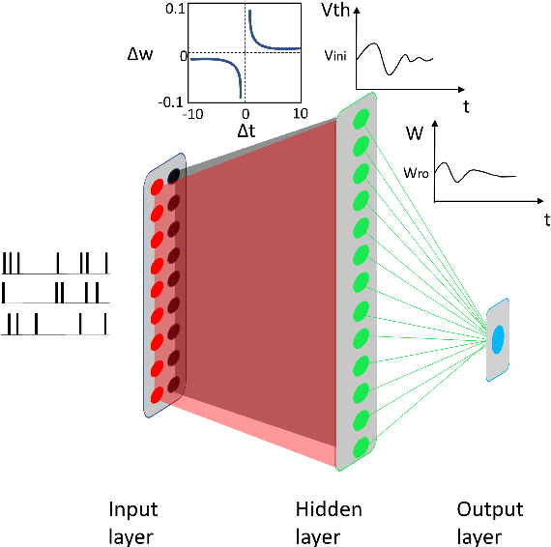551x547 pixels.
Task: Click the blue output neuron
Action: (499, 339)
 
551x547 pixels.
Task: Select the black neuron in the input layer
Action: (175, 176)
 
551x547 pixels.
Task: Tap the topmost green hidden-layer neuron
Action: (362, 119)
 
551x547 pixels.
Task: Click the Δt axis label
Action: (247, 129)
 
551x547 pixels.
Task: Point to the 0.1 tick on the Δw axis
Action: (174, 8)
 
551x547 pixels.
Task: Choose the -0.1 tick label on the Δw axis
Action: (171, 101)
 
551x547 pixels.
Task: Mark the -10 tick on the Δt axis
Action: (193, 113)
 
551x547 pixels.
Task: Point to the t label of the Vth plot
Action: (466, 106)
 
